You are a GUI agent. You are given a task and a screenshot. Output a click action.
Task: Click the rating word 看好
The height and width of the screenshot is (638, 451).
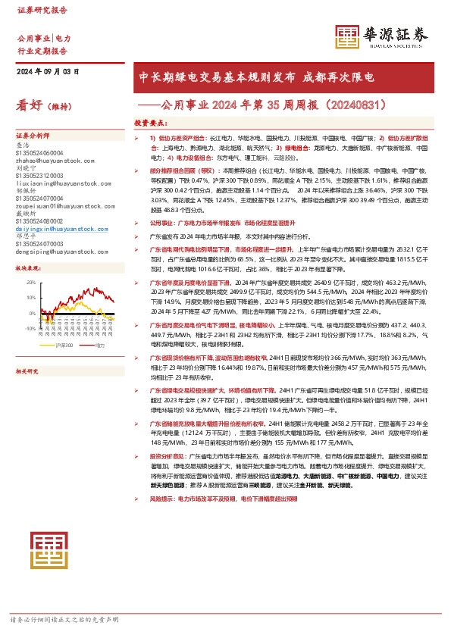[32, 106]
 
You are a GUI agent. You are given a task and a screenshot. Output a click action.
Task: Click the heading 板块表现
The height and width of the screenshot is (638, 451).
[29, 269]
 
